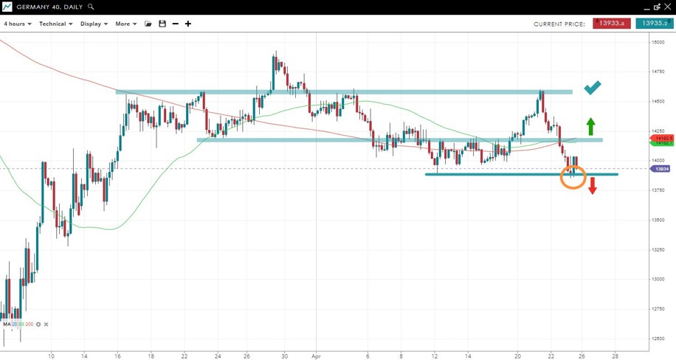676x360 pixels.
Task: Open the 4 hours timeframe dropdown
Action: pos(17,24)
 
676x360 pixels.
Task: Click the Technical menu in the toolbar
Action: pos(55,24)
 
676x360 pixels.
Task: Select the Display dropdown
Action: pos(94,24)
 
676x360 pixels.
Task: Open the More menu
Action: pos(125,24)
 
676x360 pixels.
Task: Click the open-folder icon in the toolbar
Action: pos(148,24)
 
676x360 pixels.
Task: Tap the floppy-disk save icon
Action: pos(162,24)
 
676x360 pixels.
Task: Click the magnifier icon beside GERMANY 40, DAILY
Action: pos(92,7)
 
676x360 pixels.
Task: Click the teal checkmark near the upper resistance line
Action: pos(593,88)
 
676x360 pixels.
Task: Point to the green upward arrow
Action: pos(590,125)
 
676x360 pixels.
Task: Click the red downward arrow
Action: pos(592,186)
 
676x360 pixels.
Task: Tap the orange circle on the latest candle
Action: pos(573,176)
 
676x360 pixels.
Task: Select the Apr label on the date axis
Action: pos(315,355)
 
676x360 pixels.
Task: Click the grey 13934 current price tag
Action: pos(661,169)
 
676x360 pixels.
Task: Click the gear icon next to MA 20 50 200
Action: pos(39,325)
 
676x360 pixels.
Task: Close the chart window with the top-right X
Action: pos(668,7)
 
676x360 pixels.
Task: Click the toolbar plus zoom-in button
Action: pos(188,24)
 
